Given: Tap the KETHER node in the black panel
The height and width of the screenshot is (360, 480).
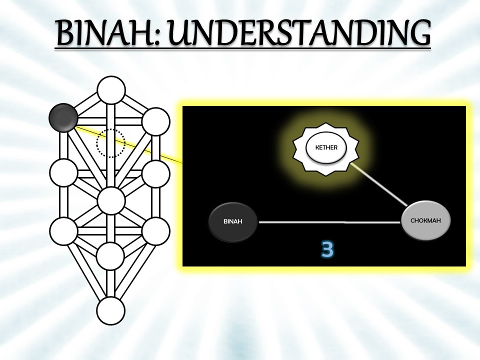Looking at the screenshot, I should pyautogui.click(x=326, y=147).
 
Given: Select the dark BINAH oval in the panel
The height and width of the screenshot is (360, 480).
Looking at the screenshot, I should pyautogui.click(x=233, y=221).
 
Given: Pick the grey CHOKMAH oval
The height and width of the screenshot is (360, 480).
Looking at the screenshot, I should pyautogui.click(x=425, y=220).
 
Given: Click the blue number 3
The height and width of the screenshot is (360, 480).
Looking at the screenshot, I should pyautogui.click(x=327, y=249).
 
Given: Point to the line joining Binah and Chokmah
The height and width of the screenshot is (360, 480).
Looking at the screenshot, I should pyautogui.click(x=330, y=221).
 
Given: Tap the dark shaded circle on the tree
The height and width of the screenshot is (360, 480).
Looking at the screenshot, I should pyautogui.click(x=63, y=117).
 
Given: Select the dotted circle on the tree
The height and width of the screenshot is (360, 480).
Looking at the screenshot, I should pyautogui.click(x=110, y=143).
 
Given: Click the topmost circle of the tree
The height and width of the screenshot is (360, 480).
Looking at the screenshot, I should pyautogui.click(x=111, y=90).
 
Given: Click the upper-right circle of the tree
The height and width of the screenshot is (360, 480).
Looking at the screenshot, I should pyautogui.click(x=156, y=121).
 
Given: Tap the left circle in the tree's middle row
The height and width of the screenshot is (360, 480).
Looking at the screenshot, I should pyautogui.click(x=64, y=172).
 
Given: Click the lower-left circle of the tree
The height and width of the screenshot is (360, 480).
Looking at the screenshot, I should pyautogui.click(x=64, y=231).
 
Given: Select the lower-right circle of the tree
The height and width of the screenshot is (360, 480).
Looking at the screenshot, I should pyautogui.click(x=156, y=231).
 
